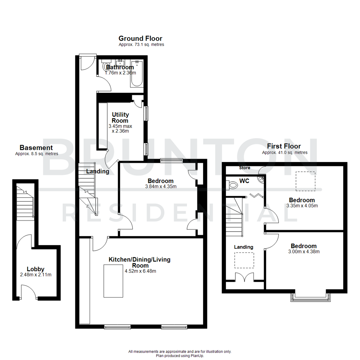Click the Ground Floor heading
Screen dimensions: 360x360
pos(140,39)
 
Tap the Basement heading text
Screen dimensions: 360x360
pos(36,148)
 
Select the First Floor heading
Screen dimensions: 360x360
pos(284,146)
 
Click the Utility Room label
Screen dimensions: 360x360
pos(120,117)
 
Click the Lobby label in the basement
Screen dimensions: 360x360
pos(36,269)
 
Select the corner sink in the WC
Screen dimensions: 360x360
pos(261,180)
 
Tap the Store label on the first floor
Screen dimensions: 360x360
pos(244,168)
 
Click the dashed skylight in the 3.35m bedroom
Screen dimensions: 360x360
pos(306,181)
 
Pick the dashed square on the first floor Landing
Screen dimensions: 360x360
pos(244,260)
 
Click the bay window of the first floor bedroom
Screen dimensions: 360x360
pos(311,297)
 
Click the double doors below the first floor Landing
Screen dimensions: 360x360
pos(245,277)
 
